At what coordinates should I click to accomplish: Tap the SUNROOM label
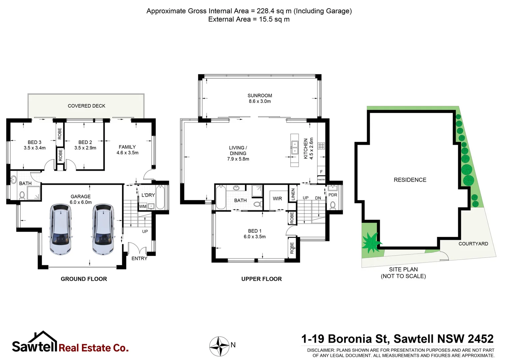point(259,96)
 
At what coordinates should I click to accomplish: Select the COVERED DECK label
point(86,106)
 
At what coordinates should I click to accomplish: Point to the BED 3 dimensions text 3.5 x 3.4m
point(35,148)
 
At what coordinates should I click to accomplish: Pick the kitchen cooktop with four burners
point(321,146)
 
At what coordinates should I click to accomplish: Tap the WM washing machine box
point(143,206)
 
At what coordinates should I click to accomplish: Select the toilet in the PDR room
point(332,205)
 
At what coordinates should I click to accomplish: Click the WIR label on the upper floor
point(277,199)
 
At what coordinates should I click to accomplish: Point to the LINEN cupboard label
point(293,194)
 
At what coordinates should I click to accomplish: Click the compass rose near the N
point(219,346)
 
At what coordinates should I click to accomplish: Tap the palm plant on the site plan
point(371,242)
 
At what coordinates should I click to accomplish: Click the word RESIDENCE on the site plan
point(410,180)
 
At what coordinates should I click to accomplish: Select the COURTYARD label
point(473,244)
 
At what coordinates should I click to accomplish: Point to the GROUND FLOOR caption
point(84,279)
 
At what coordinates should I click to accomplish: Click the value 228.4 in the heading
point(265,11)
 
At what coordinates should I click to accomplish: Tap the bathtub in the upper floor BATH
point(221,197)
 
